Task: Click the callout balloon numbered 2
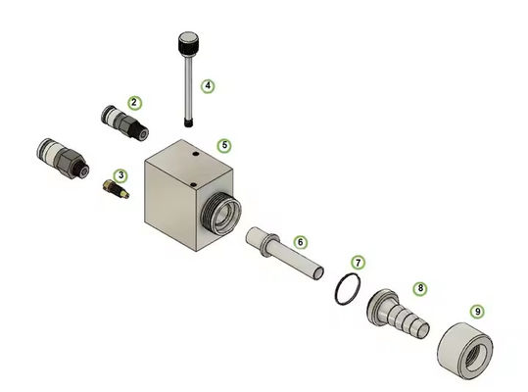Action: coord(135,102)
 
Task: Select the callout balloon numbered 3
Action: coord(120,175)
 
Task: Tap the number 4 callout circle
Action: coord(208,85)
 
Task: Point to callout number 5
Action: coord(224,145)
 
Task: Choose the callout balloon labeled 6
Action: coord(300,241)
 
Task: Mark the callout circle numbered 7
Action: coord(359,263)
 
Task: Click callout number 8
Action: coord(420,288)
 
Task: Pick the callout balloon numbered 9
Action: coord(478,312)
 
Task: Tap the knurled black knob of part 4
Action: coord(185,44)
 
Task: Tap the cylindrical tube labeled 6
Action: coord(294,259)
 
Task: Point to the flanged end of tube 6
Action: coord(258,236)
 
